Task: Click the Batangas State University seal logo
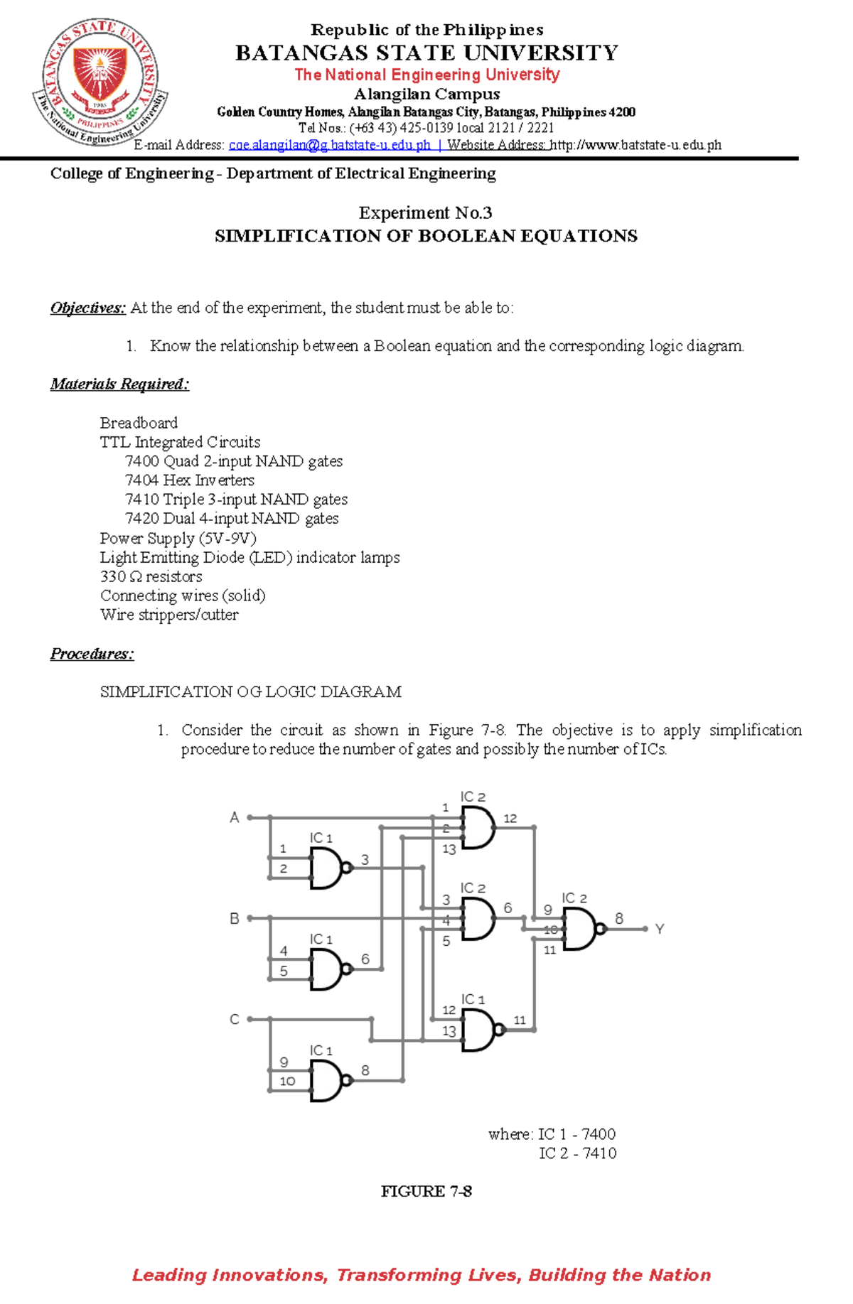click(x=100, y=82)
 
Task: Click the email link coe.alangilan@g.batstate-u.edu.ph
click(x=329, y=145)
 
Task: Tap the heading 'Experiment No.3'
click(x=425, y=213)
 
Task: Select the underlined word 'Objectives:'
click(x=87, y=308)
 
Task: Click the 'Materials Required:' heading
click(x=119, y=384)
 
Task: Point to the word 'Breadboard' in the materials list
click(x=139, y=423)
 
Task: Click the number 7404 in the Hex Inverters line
click(x=142, y=480)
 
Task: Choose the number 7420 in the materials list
click(x=142, y=519)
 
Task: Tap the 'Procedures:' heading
click(x=92, y=654)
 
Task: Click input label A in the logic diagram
click(x=234, y=818)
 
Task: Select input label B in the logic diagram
click(x=234, y=919)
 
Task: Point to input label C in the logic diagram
click(x=234, y=1020)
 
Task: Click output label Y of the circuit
click(x=660, y=929)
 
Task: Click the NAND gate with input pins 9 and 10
click(x=328, y=1081)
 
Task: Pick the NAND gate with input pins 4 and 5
click(x=328, y=969)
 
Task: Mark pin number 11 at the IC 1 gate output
click(x=520, y=1020)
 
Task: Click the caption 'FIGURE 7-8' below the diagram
click(x=426, y=1192)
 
